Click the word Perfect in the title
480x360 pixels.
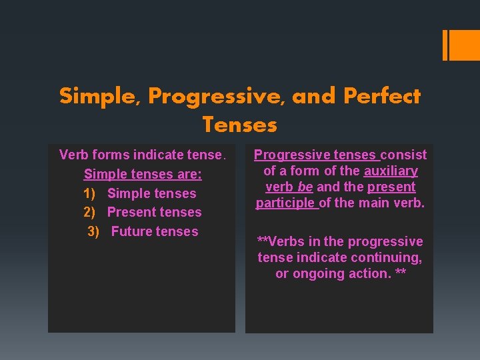pyautogui.click(x=382, y=97)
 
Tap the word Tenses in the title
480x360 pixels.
pyautogui.click(x=239, y=125)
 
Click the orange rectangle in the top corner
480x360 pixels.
pyautogui.click(x=461, y=45)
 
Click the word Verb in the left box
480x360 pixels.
pyautogui.click(x=73, y=155)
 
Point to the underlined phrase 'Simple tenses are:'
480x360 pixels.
pyautogui.click(x=143, y=174)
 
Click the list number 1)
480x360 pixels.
pyautogui.click(x=93, y=193)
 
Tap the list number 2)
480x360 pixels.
pyautogui.click(x=93, y=212)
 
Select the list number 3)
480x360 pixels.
pyautogui.click(x=97, y=231)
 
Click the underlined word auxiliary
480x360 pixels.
pyautogui.click(x=391, y=171)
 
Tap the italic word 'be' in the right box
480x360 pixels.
pyautogui.click(x=305, y=187)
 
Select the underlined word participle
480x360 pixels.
pyautogui.click(x=286, y=203)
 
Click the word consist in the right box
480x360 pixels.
pyautogui.click(x=403, y=155)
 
